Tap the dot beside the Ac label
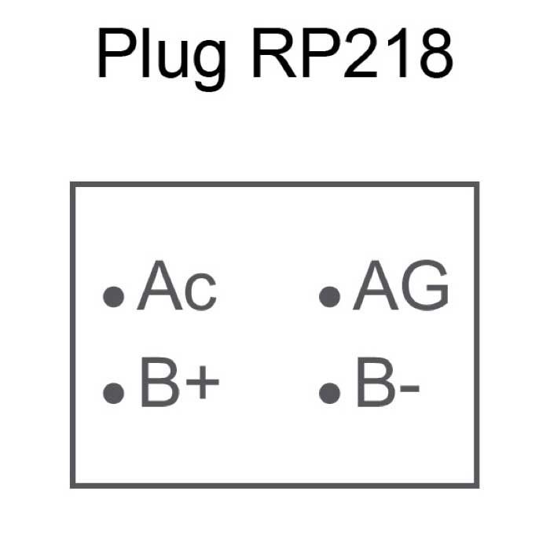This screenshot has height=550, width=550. click(115, 296)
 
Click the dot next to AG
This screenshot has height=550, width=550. click(330, 296)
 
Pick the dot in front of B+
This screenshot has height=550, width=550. click(115, 391)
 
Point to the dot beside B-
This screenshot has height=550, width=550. click(330, 391)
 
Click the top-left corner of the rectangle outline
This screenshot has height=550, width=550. click(72, 185)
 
